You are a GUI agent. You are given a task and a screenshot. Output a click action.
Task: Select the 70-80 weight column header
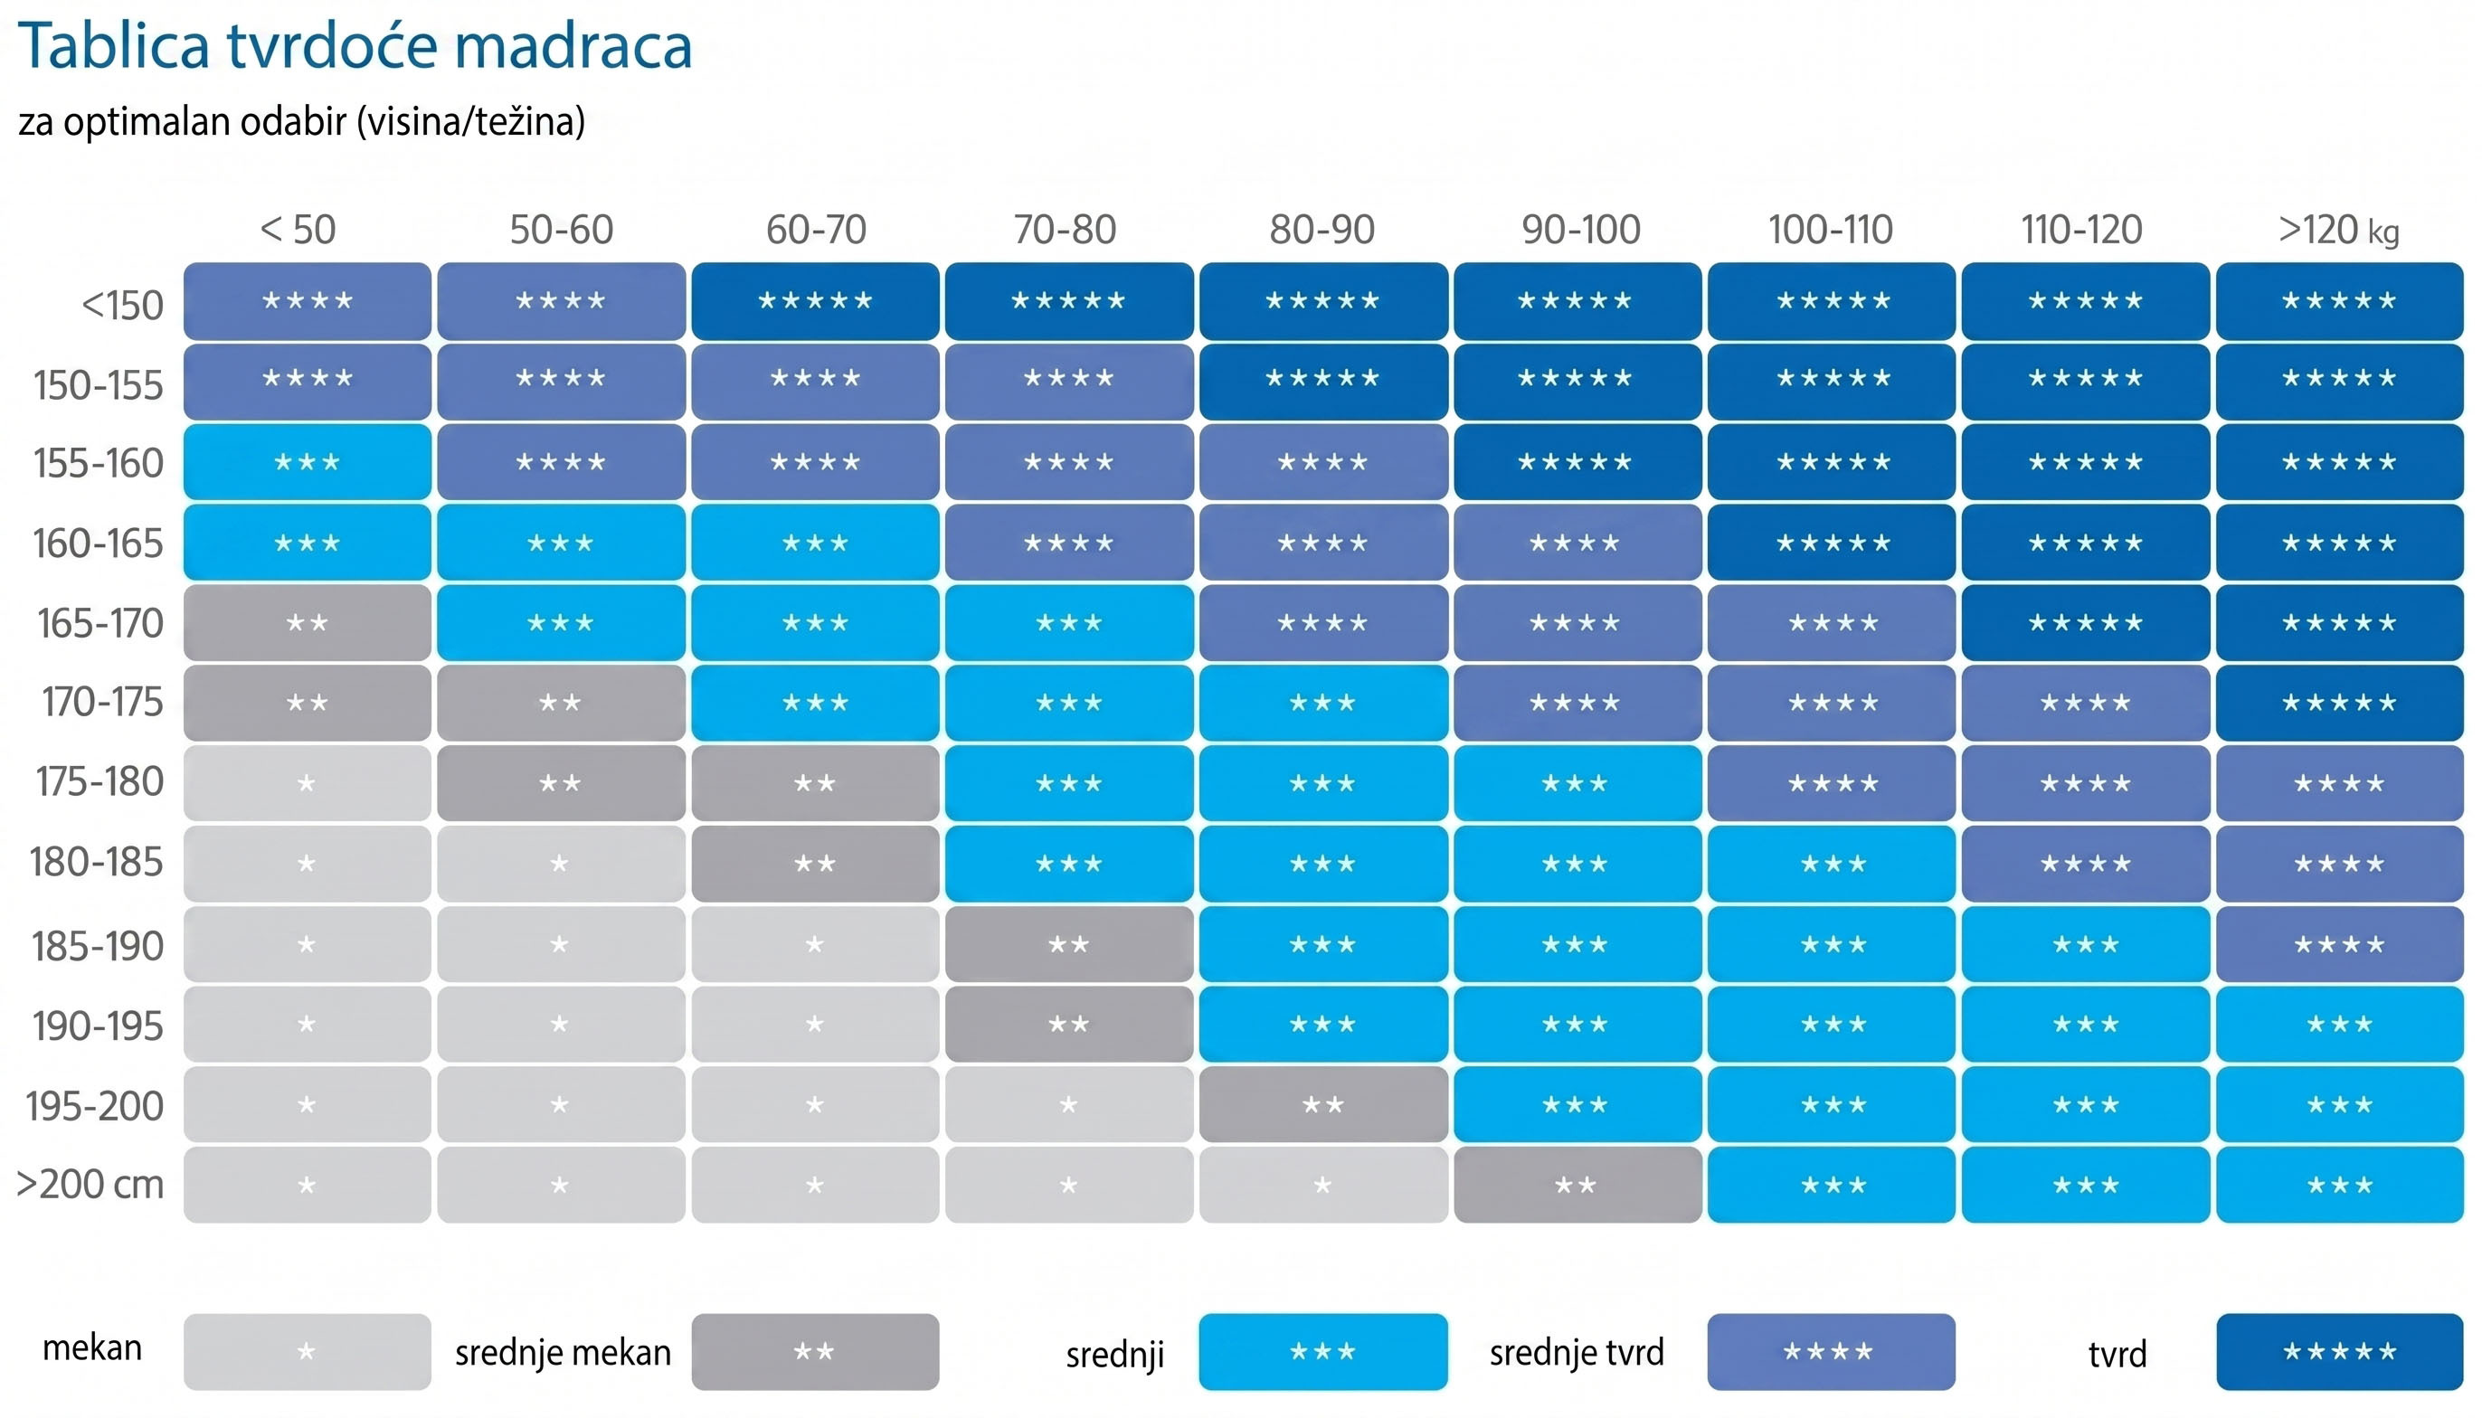point(1065,230)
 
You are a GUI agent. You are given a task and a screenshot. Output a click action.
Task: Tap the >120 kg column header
point(2338,231)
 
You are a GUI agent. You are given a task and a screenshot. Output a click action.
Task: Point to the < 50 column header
point(298,230)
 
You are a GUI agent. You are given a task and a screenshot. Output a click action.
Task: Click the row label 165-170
point(99,623)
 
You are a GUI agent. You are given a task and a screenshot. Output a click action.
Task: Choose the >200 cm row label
point(90,1185)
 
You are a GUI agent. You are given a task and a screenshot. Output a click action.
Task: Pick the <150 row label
point(122,305)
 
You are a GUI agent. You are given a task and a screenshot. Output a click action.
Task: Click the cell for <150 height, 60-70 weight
point(815,301)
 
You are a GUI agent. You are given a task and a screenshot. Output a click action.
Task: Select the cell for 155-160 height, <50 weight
point(307,461)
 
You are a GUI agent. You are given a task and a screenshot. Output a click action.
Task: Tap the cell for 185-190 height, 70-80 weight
point(1068,944)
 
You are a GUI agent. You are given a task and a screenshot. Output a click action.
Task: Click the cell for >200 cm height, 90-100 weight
point(1577,1185)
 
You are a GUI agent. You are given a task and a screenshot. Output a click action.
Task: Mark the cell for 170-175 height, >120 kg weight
point(2339,702)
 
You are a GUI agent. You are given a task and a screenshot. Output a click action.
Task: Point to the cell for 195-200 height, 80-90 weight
point(1322,1104)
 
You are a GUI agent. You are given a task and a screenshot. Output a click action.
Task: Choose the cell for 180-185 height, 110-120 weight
point(2086,863)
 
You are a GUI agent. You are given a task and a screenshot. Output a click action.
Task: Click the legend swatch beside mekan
point(307,1352)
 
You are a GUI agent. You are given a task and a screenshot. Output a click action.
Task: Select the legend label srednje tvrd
point(1576,1352)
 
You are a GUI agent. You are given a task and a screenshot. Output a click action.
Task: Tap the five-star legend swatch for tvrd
point(2339,1352)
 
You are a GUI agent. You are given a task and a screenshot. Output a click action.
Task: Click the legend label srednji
point(1114,1355)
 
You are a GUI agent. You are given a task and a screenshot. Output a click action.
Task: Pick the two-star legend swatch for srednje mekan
point(815,1352)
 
